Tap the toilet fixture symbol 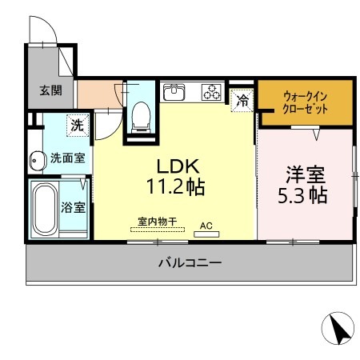coord(141,117)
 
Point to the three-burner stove coord(211,92)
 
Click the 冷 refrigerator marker coord(241,101)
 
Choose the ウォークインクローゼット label coord(304,103)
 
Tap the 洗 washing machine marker coord(78,125)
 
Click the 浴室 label coord(73,208)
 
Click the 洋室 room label coord(304,174)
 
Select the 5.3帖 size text coord(304,196)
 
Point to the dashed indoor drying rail coord(158,230)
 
